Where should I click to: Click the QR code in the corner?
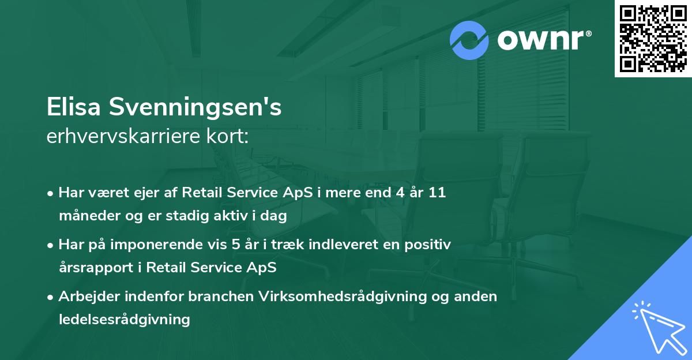(653, 39)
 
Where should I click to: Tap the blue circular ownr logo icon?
(469, 40)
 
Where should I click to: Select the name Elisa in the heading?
(75, 108)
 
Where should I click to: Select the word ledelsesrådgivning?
(124, 319)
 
